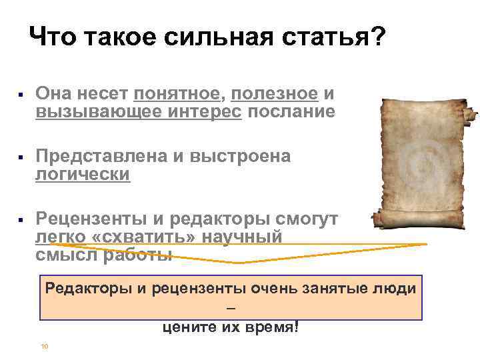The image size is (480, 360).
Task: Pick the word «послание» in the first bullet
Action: tap(291, 111)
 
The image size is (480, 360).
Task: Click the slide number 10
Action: tap(44, 346)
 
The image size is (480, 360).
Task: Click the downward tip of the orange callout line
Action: tap(239, 263)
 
